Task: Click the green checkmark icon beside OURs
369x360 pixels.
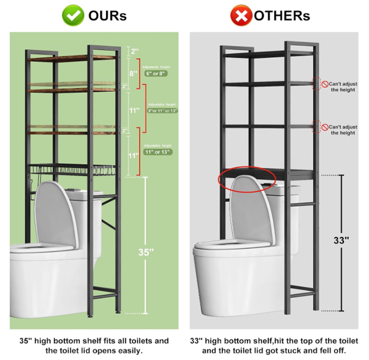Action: click(x=73, y=15)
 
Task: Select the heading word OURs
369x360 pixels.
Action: click(x=107, y=16)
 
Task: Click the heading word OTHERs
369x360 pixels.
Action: click(x=283, y=16)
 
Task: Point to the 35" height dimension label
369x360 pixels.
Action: click(x=146, y=252)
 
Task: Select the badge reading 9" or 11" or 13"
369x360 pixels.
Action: click(x=162, y=110)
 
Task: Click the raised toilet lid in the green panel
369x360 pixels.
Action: click(x=56, y=213)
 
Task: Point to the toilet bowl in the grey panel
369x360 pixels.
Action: click(x=237, y=275)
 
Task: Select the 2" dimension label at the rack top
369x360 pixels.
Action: click(x=134, y=52)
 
